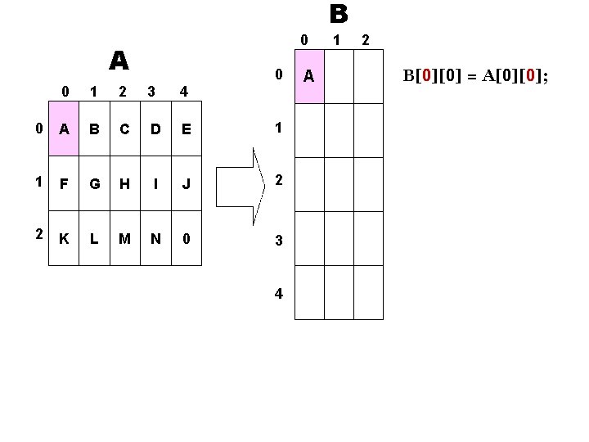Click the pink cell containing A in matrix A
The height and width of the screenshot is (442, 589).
64,129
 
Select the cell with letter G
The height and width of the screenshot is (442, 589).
94,184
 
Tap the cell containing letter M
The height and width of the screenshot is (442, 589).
124,239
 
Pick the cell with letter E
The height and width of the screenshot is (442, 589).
186,129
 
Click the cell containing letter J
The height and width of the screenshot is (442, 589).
186,184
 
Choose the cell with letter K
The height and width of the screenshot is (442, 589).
64,239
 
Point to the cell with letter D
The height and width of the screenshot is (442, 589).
155,129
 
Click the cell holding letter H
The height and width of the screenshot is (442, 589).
124,184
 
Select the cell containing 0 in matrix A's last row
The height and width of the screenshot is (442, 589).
186,239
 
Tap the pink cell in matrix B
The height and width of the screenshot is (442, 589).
309,76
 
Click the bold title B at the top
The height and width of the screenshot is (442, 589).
339,15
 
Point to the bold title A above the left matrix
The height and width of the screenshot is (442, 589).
119,61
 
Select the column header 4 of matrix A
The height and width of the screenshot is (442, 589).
185,92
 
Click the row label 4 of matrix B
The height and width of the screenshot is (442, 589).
279,294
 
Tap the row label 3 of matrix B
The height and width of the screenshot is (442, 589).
279,240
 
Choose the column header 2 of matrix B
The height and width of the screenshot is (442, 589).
365,39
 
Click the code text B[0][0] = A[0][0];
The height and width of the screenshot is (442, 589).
474,76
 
